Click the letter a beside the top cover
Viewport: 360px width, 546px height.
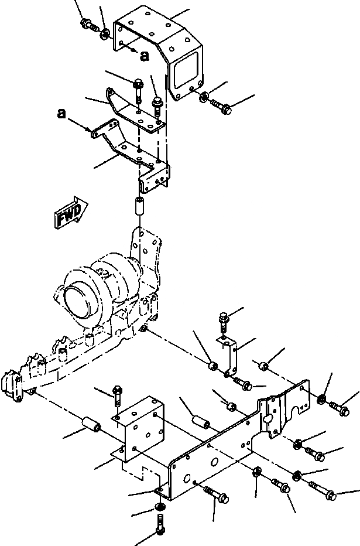144,55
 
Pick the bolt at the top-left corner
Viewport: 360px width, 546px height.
87,25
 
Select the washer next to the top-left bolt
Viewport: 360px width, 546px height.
104,34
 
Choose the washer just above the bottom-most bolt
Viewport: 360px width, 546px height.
160,506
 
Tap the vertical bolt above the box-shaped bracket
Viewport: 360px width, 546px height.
117,393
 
